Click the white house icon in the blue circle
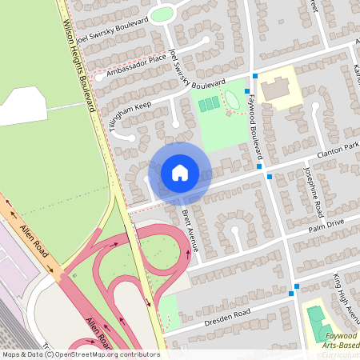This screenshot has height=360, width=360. [x=179, y=172]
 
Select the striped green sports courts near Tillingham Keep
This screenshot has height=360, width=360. [x=209, y=105]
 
